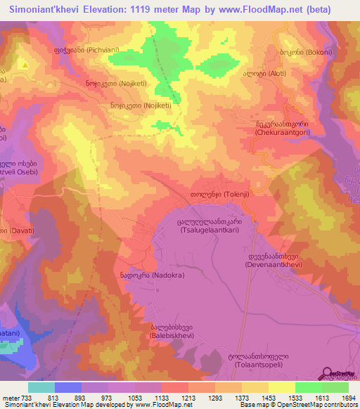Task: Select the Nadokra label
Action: (x=152, y=276)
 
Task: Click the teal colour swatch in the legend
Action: (x=41, y=387)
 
